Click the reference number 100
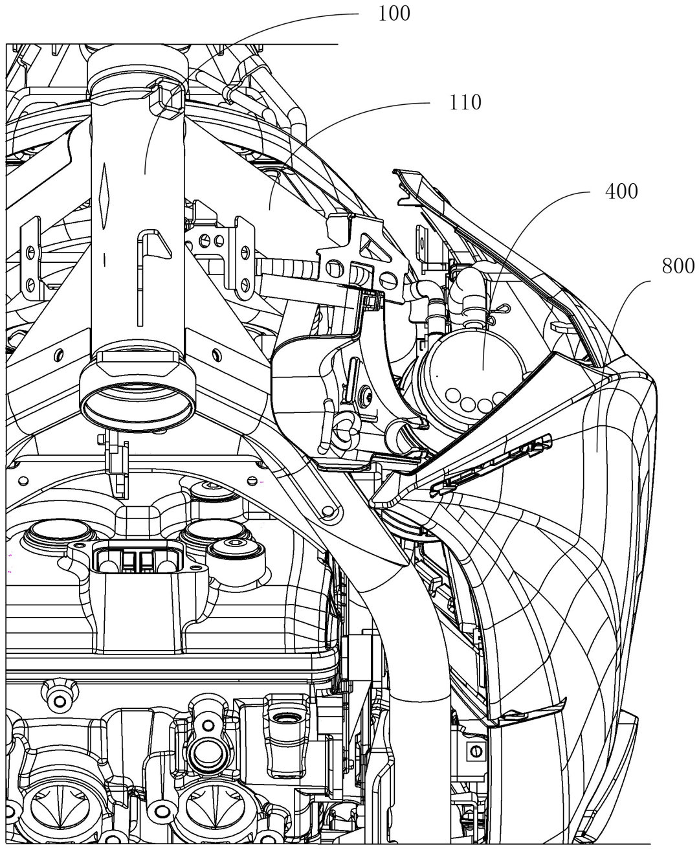coord(395,13)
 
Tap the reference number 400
coord(622,192)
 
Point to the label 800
coord(678,265)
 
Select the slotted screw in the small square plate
coord(475,751)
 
